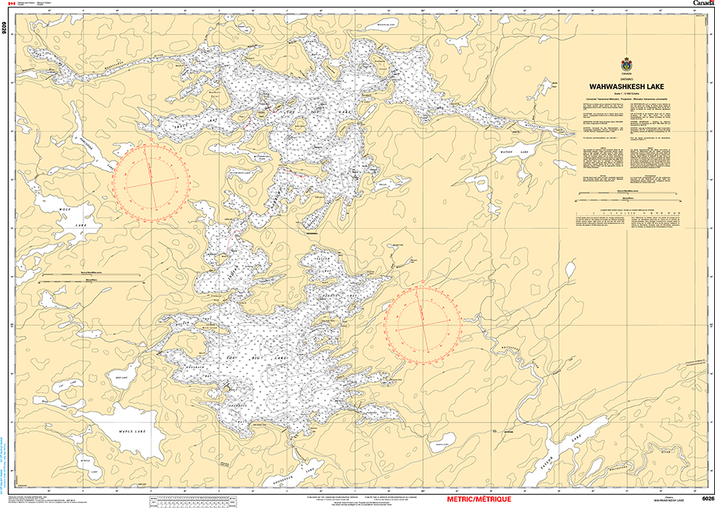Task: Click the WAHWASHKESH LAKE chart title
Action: tap(628, 88)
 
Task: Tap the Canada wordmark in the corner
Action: tap(702, 4)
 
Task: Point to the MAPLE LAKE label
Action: tap(134, 432)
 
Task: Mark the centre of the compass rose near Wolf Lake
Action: tap(152, 178)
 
